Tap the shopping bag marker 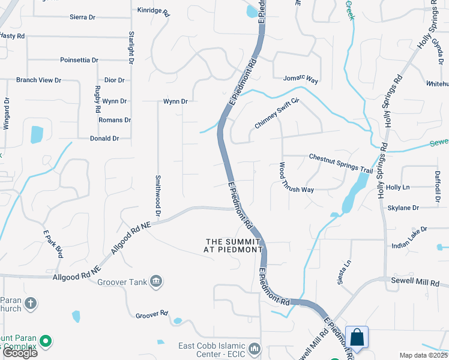pos(357,338)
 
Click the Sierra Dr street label pos(83,17)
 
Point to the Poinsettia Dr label pos(79,60)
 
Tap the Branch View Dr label pos(38,80)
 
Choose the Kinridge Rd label pos(154,11)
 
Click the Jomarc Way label pos(300,79)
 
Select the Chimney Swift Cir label pos(277,113)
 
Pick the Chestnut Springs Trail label pos(341,164)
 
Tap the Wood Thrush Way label pos(295,178)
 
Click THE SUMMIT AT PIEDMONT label pos(234,245)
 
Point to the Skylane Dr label pos(403,208)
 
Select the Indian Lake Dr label pos(409,229)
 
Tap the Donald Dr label pos(104,138)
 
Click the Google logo pos(19,352)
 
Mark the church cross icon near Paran pos(31,304)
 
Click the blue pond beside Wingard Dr pos(37,134)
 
